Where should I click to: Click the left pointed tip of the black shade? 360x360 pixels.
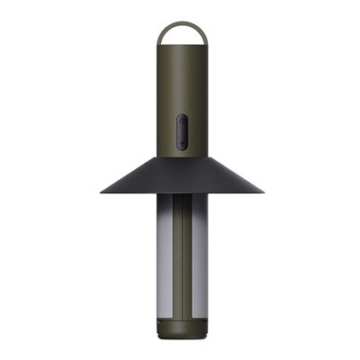[x=101, y=192]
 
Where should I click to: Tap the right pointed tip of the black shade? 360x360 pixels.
[x=263, y=192]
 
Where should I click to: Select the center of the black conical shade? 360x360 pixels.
[x=181, y=176]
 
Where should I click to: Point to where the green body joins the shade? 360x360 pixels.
[x=181, y=157]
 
